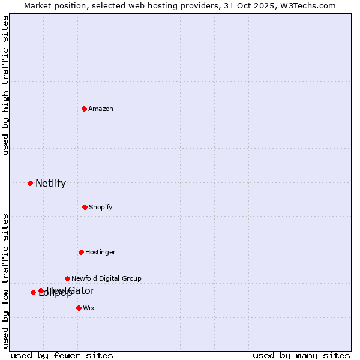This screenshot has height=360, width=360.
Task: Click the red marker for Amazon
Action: (84, 109)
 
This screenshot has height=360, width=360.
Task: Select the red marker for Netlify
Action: (30, 183)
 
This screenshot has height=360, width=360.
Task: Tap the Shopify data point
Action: (85, 207)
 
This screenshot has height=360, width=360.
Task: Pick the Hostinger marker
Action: (81, 252)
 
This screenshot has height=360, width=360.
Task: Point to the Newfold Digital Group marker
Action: (67, 278)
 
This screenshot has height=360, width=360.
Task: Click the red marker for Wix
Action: (79, 308)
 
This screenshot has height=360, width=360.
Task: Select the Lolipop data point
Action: (33, 292)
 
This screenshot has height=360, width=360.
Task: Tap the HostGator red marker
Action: (41, 290)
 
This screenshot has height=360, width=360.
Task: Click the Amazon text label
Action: (101, 109)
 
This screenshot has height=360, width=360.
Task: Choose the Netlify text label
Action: (50, 184)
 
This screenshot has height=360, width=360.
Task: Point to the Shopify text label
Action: (101, 207)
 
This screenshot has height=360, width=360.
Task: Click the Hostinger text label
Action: (100, 252)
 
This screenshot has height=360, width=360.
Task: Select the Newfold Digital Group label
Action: (106, 278)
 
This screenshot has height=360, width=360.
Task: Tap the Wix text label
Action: (89, 308)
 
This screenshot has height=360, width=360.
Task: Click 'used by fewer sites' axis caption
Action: (62, 355)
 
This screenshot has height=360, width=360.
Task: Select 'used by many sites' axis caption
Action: (301, 355)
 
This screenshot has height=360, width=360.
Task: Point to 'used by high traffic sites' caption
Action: (6, 86)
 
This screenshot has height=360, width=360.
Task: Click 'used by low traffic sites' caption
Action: (6, 281)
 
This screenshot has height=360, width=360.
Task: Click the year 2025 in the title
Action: (267, 5)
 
